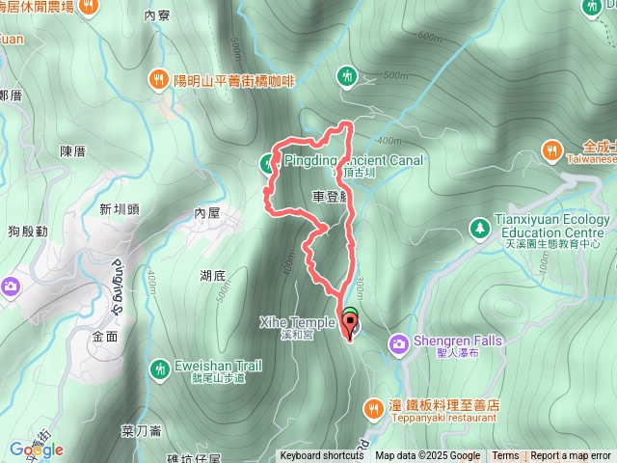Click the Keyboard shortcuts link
coord(322,456)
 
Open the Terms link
coord(505,456)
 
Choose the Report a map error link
coord(571,456)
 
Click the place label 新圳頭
coord(120,207)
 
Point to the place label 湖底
coord(213,275)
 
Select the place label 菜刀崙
coord(141,431)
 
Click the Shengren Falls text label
coord(454,340)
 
